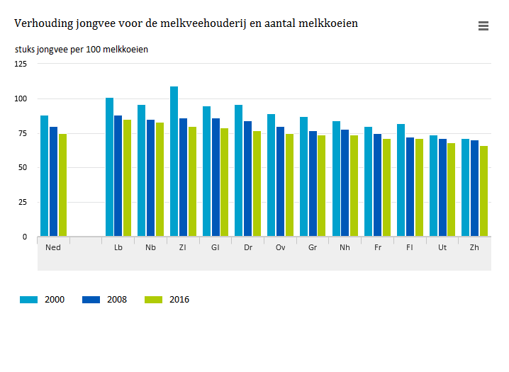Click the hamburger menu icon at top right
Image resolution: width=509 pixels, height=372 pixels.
483,26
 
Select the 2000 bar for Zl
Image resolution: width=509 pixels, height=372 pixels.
174,162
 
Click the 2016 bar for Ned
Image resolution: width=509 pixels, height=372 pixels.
63,185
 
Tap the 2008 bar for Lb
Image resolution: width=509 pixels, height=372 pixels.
118,176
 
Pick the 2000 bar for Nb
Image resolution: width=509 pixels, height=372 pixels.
142,171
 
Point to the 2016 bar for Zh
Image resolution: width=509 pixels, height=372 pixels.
484,191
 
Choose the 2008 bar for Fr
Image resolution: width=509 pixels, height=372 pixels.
378,185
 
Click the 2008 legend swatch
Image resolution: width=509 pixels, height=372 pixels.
92,300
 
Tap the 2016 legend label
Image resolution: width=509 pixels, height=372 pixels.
179,300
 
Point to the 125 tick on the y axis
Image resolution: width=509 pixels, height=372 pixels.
21,64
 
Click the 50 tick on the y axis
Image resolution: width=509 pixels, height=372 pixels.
23,168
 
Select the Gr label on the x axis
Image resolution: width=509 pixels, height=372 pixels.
313,247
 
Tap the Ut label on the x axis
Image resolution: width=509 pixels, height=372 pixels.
442,247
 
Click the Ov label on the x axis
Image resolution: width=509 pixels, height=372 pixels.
281,247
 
